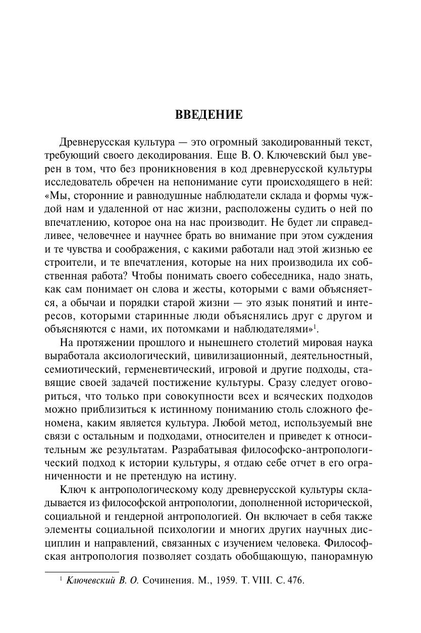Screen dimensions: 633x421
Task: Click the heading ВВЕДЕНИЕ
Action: [209, 115]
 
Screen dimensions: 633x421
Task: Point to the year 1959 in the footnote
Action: [226, 580]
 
